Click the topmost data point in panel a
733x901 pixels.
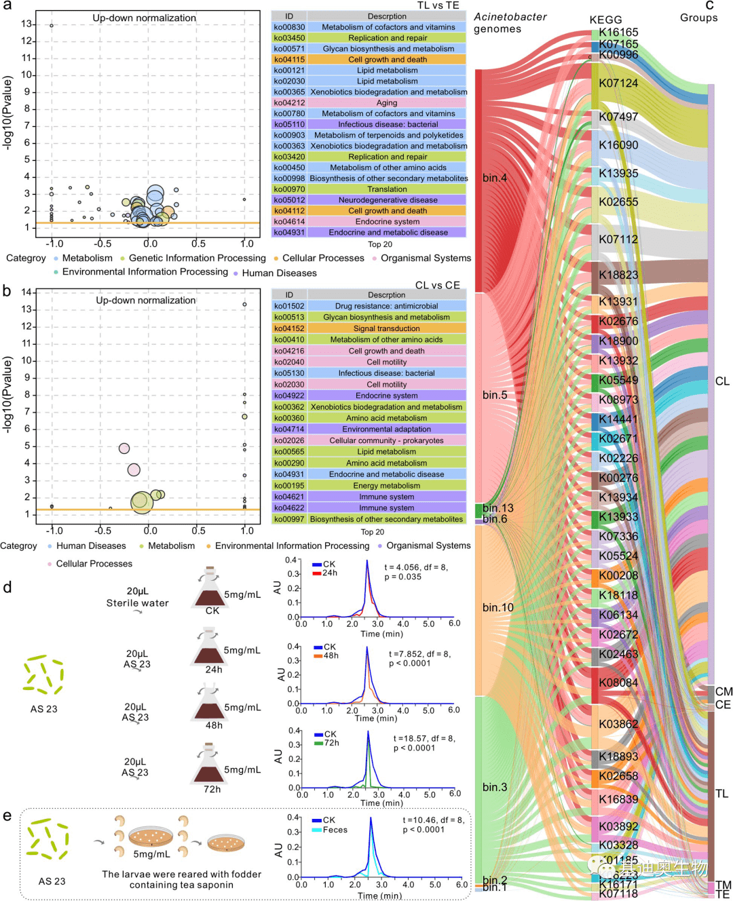point(52,26)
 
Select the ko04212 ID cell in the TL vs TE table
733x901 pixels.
point(289,102)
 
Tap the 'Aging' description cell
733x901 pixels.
point(387,102)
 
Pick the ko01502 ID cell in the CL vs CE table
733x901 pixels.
point(289,306)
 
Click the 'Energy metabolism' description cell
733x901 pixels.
point(386,485)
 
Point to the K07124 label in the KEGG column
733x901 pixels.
point(618,83)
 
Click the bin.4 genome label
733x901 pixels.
point(495,178)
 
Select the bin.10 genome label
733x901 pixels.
point(497,607)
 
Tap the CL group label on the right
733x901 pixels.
point(722,381)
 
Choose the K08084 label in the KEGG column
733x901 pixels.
point(618,683)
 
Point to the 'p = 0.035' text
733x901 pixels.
point(402,577)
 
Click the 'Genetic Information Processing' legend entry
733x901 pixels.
point(197,258)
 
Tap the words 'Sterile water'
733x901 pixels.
point(137,603)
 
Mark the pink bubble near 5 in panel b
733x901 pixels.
point(124,448)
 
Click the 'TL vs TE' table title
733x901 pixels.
point(438,5)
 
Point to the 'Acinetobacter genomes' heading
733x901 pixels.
point(510,22)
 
